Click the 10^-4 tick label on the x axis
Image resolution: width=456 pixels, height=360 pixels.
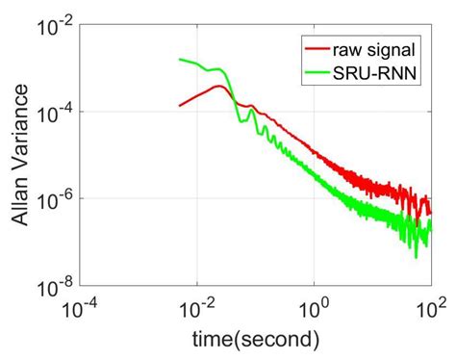(x=82, y=309)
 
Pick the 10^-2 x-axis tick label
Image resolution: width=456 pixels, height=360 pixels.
(x=197, y=309)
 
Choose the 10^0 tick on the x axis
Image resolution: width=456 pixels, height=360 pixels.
(x=314, y=309)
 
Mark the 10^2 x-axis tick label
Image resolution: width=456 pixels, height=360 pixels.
(x=430, y=309)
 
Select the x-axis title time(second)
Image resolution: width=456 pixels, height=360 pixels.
(x=257, y=340)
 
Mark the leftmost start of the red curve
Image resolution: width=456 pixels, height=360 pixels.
(x=180, y=105)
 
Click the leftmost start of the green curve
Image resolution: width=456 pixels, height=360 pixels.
(x=180, y=60)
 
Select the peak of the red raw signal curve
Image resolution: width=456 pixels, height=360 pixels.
(x=220, y=87)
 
